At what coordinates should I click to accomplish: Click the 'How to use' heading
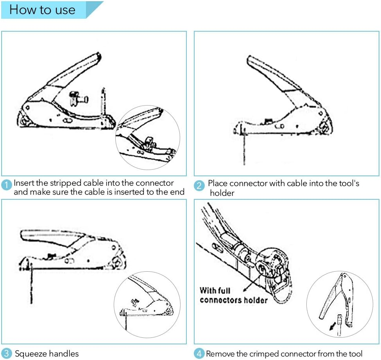click(42, 10)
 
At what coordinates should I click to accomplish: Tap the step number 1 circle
click(7, 185)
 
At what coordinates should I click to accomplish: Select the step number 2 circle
click(199, 185)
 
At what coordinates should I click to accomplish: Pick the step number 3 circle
click(7, 353)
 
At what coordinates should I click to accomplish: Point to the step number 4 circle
click(199, 353)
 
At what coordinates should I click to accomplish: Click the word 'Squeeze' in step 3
click(30, 354)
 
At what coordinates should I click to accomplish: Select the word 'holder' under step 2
click(222, 193)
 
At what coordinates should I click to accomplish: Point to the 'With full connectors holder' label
click(233, 295)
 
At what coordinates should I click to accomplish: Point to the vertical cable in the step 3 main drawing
click(31, 285)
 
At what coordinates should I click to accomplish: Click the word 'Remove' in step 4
click(220, 354)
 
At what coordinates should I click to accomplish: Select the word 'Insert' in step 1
click(23, 183)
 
